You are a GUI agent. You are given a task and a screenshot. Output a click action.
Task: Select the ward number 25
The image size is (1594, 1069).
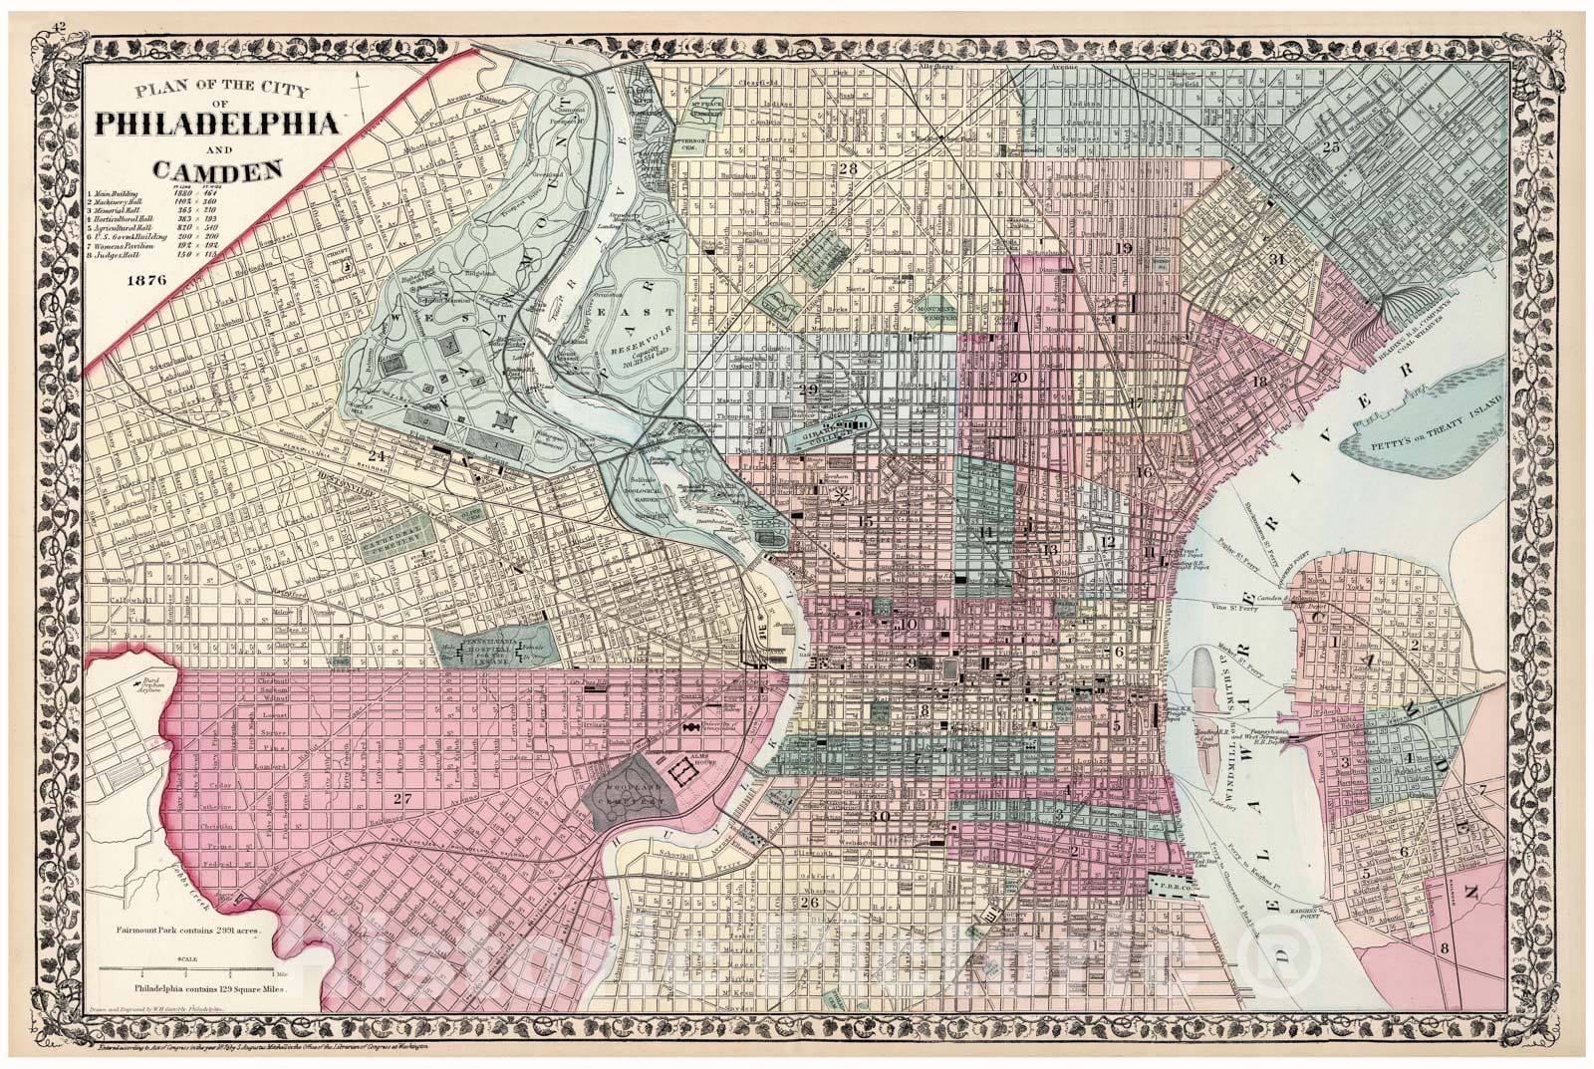tap(1330, 147)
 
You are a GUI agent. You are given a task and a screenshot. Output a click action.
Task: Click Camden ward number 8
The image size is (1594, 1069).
tap(1444, 948)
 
